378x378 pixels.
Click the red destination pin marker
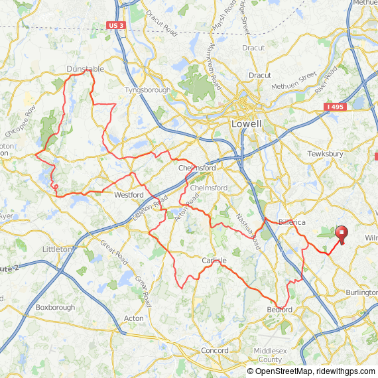(x=342, y=234)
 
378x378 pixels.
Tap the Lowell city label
(x=246, y=124)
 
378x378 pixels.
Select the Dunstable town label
(x=85, y=68)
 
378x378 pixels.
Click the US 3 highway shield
(x=115, y=25)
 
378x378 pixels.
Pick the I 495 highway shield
(x=336, y=106)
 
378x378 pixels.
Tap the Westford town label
(x=129, y=195)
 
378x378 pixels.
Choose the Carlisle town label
(x=214, y=261)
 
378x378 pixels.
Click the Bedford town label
(x=280, y=310)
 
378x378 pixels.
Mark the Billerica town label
(x=292, y=222)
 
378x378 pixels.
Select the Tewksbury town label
(x=326, y=154)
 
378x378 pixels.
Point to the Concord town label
(x=214, y=350)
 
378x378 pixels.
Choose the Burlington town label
(x=361, y=292)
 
